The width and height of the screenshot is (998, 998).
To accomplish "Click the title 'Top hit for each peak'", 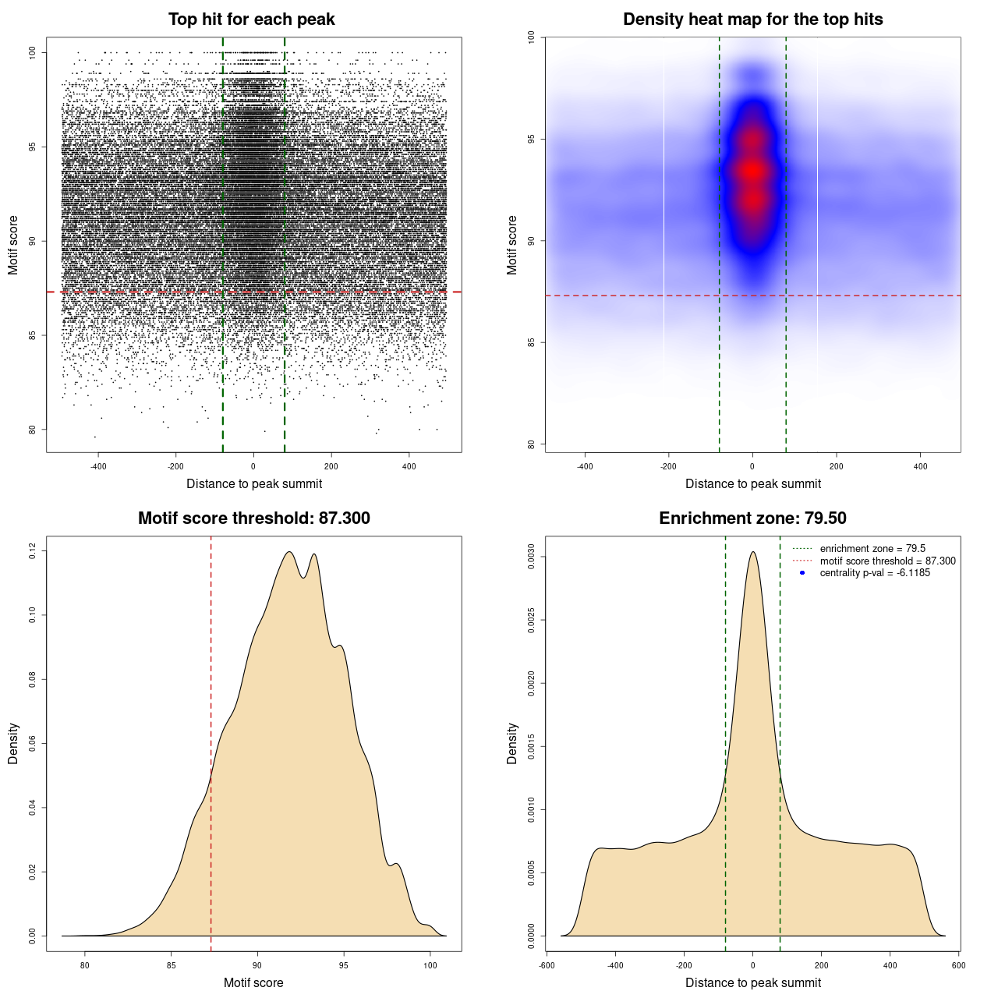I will [251, 19].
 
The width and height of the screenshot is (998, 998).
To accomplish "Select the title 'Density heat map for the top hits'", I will [752, 19].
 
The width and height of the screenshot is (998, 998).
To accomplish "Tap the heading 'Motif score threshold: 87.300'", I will [253, 518].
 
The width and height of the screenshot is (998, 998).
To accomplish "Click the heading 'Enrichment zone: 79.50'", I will [752, 518].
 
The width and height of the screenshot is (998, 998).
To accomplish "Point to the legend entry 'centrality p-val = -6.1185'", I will [875, 573].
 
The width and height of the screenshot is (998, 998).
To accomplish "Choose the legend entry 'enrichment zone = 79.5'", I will [872, 549].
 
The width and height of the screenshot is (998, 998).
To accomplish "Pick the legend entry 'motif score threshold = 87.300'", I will [887, 561].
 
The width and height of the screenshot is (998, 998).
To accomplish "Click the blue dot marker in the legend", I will [802, 573].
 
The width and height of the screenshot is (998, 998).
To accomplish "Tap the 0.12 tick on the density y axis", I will [33, 551].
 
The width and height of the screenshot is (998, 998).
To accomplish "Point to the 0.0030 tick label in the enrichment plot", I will [532, 557].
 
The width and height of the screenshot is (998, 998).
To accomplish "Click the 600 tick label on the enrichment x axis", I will [958, 965].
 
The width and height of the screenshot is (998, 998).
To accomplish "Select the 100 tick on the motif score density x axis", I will [430, 965].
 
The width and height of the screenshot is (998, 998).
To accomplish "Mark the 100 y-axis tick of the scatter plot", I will [33, 52].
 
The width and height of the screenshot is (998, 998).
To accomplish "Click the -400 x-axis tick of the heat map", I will [585, 466].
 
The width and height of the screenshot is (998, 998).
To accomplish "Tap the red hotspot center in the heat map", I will [752, 170].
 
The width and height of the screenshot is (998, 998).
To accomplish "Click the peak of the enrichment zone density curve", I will [752, 552].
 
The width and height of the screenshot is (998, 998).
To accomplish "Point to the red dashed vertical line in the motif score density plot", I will [211, 741].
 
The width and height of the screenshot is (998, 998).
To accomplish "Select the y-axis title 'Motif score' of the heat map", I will [512, 245].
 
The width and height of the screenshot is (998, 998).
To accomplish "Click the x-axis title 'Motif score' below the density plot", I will [253, 982].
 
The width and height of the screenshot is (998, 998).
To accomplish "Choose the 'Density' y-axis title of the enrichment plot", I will [512, 743].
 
